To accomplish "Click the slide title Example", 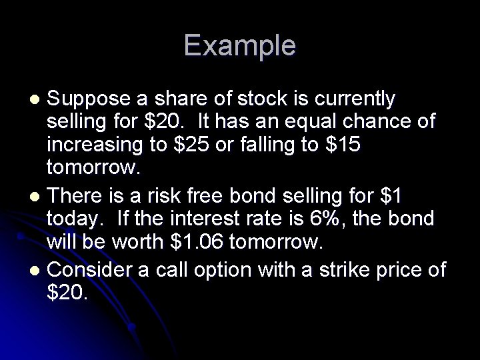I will [240, 45].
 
